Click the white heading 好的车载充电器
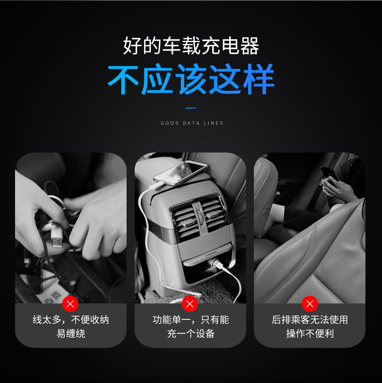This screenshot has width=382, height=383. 191,46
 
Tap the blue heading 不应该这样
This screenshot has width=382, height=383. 191,79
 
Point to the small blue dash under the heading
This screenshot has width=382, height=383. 191,108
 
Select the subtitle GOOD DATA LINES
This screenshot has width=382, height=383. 192,123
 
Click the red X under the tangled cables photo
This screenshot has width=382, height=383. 70,304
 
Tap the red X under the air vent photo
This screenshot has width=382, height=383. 190,304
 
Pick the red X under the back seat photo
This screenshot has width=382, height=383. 310,304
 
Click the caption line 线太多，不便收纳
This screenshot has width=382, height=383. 71,320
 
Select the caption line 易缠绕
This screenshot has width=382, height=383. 71,334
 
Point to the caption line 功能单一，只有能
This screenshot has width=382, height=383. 191,320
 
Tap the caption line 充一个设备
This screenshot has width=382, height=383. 191,334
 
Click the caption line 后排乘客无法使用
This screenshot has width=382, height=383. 310,320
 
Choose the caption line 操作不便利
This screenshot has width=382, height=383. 310,334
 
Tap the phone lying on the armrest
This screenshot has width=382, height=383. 180,173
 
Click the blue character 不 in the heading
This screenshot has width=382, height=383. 123,79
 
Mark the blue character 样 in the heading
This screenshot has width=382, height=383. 259,79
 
